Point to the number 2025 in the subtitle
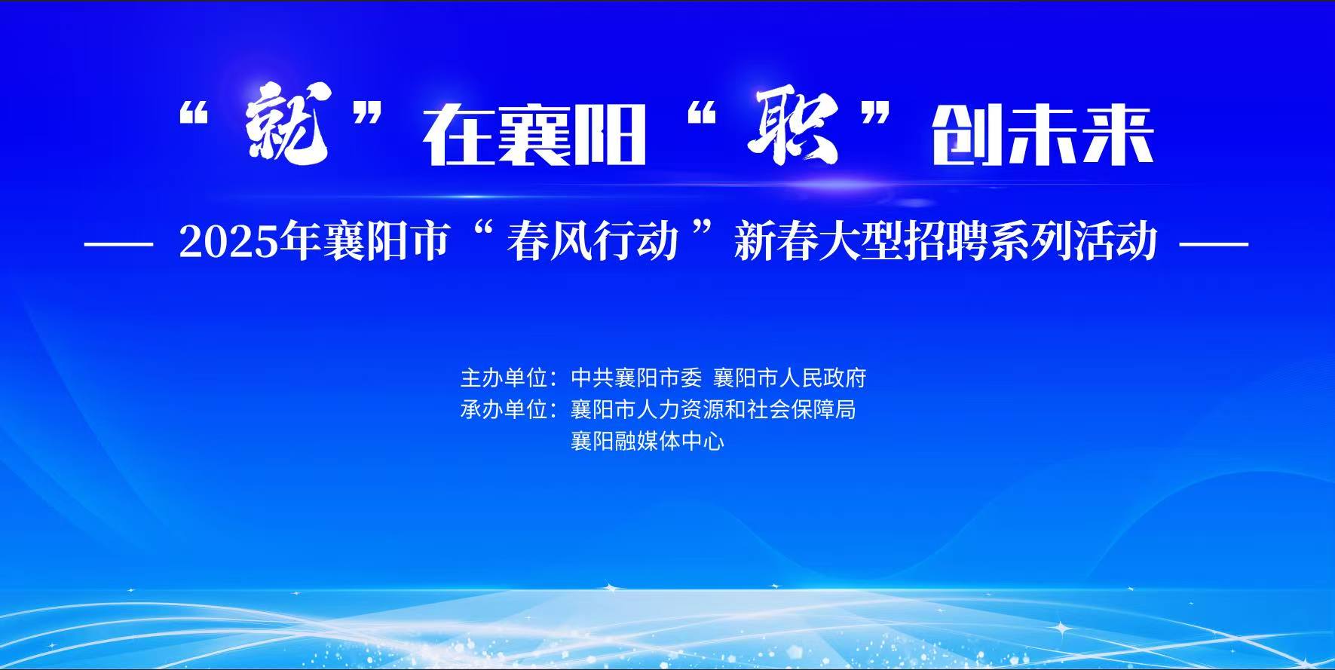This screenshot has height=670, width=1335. (x=228, y=243)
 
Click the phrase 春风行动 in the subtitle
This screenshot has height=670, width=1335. (x=592, y=243)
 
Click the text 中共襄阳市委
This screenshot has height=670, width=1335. (x=636, y=377)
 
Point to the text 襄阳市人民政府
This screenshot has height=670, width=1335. (x=790, y=377)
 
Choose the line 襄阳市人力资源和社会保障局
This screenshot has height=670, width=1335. (x=713, y=409)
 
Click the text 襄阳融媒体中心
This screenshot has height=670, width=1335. (x=648, y=441)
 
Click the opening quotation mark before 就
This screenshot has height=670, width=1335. (x=194, y=115)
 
